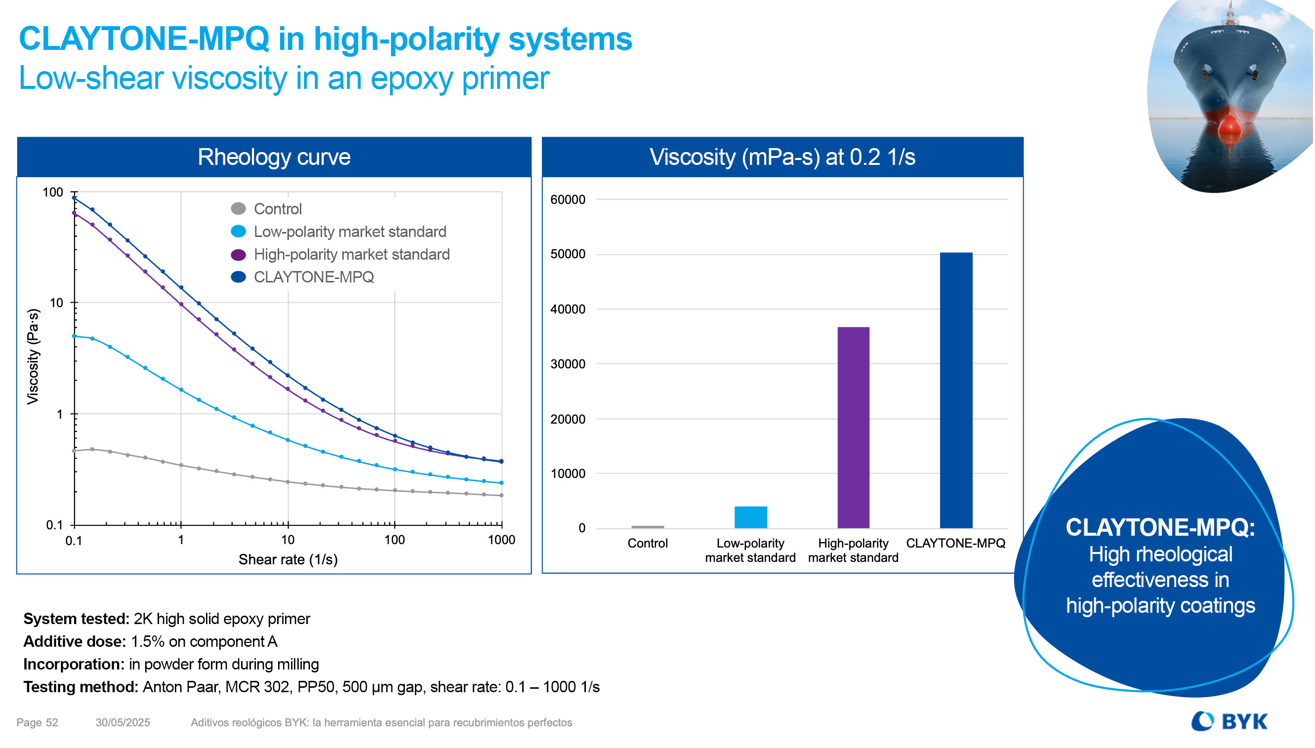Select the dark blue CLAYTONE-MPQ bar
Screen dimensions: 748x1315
pyautogui.click(x=956, y=390)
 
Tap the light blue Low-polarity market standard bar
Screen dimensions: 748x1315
pyautogui.click(x=750, y=517)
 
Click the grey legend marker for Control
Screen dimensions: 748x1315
pyautogui.click(x=239, y=208)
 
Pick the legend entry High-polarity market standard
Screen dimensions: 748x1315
pyautogui.click(x=352, y=254)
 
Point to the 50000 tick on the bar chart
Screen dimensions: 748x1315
pyautogui.click(x=567, y=254)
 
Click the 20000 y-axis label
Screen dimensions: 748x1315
pyautogui.click(x=567, y=419)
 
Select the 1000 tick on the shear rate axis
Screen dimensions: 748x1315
pyautogui.click(x=501, y=540)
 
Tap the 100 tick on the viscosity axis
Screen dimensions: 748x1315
pyautogui.click(x=52, y=193)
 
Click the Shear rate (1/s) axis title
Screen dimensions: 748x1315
pyautogui.click(x=288, y=559)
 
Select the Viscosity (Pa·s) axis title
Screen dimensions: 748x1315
pyautogui.click(x=33, y=356)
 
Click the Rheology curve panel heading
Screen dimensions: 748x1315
pyautogui.click(x=274, y=157)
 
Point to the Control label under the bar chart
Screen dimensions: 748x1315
pyautogui.click(x=647, y=543)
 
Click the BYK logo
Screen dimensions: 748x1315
pyautogui.click(x=1229, y=721)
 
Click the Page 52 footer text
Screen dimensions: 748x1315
pyautogui.click(x=37, y=722)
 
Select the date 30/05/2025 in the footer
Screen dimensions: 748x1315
pyautogui.click(x=123, y=722)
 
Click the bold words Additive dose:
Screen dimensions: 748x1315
pyautogui.click(x=75, y=642)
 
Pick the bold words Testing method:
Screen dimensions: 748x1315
pyautogui.click(x=81, y=687)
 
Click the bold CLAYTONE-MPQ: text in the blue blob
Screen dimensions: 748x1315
pyautogui.click(x=1160, y=527)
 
